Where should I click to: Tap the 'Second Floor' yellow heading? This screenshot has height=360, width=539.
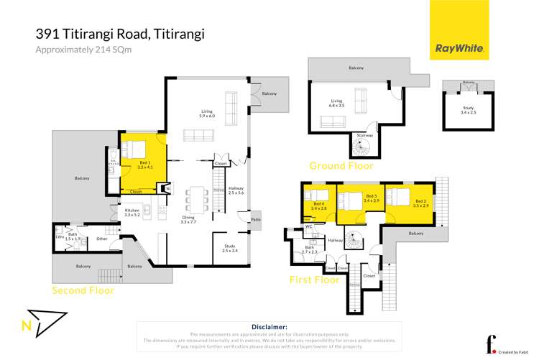(x=83, y=291)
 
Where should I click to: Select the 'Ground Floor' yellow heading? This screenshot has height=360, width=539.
(x=341, y=166)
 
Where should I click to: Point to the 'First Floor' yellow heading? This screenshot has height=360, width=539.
(x=313, y=280)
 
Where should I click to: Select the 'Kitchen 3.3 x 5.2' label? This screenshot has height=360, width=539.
(x=132, y=212)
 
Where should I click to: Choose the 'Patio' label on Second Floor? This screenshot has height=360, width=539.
(x=255, y=219)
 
